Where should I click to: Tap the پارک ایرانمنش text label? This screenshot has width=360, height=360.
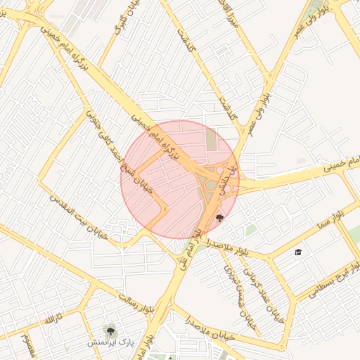tap(111, 342)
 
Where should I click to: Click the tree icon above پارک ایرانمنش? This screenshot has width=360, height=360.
tap(110, 328)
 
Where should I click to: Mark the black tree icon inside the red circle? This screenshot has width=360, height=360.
tap(220, 217)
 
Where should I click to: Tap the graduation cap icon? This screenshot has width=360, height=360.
tap(298, 252)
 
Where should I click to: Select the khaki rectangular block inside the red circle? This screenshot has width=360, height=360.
tap(212, 140)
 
